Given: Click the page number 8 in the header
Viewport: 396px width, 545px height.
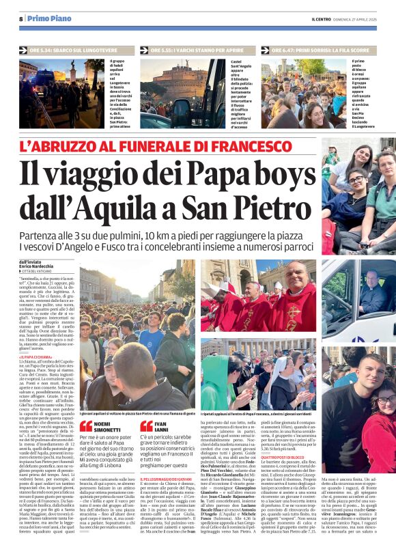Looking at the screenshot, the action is point(21,18).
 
